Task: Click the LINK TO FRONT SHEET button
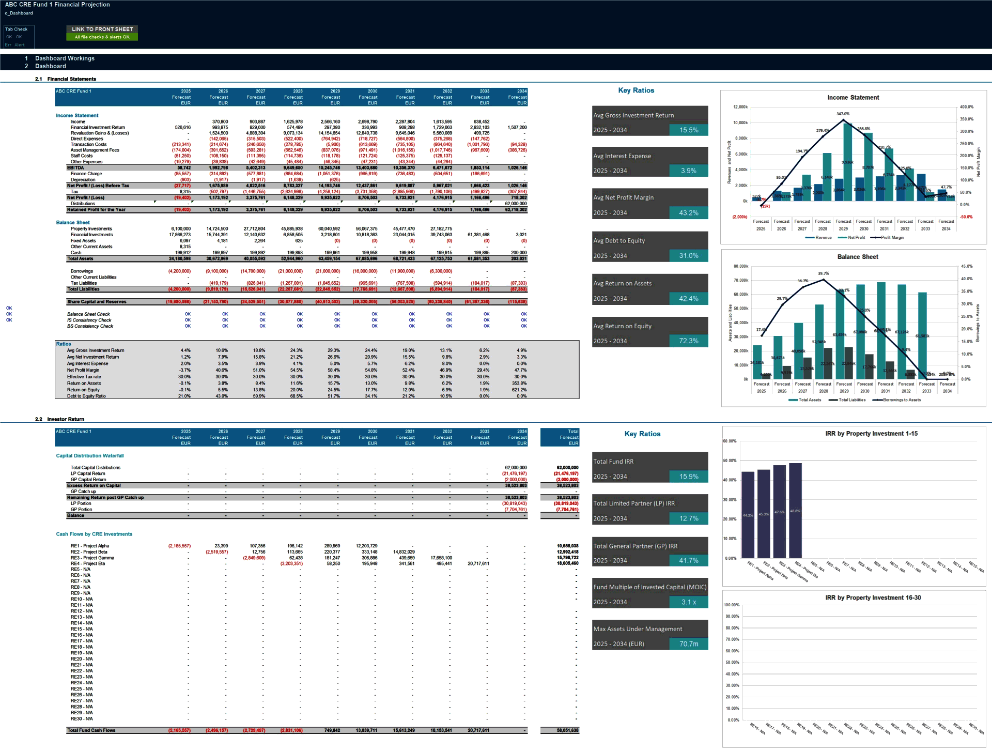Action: pos(102,29)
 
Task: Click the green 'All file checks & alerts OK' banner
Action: pos(102,37)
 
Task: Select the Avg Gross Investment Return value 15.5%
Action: pos(688,130)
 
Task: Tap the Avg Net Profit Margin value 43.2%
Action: pos(688,213)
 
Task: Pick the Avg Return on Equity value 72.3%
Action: pos(688,341)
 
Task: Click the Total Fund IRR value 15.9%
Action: pos(688,477)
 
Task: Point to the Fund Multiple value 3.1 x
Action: pos(688,602)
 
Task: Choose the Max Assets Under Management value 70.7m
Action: pos(688,644)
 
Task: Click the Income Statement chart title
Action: pos(853,98)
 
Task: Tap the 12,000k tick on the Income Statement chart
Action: pos(740,107)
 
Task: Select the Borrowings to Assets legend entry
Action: pos(901,400)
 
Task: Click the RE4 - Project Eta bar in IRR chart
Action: pos(796,510)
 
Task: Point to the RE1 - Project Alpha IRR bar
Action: pos(748,514)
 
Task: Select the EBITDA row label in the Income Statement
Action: pos(75,168)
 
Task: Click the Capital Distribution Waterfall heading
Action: pos(90,456)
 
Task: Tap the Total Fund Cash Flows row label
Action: pos(91,730)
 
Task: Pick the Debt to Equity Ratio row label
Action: pos(86,396)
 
